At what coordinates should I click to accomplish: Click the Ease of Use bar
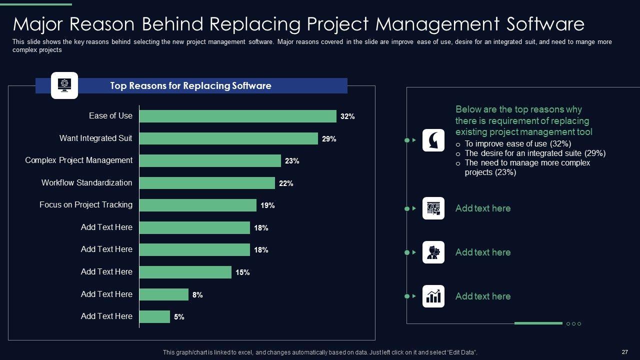237,116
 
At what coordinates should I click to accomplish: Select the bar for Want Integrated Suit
228,138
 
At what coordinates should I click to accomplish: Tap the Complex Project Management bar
210,160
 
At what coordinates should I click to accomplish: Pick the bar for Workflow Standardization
207,183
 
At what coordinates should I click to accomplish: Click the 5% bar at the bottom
154,316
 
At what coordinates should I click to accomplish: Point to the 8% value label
197,295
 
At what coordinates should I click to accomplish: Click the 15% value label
242,272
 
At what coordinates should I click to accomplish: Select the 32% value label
347,116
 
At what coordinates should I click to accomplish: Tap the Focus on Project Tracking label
86,204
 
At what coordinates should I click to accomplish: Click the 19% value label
267,205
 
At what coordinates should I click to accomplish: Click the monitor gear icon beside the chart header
64,85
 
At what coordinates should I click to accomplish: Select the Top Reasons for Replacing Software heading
190,86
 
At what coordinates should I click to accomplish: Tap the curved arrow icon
433,140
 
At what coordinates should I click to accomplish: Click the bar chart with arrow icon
433,296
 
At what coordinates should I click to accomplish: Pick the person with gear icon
433,252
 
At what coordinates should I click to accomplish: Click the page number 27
624,352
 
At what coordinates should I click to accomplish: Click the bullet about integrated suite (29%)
535,153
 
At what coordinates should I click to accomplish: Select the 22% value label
286,183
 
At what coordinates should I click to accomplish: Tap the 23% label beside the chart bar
292,161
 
